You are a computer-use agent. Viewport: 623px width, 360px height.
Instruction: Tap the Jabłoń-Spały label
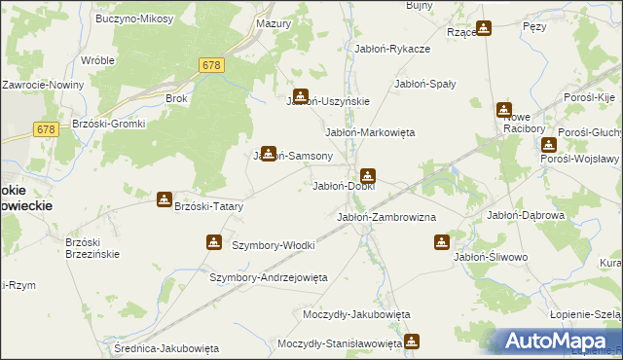(424, 84)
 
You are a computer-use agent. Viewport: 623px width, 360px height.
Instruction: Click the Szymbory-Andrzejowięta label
(269, 277)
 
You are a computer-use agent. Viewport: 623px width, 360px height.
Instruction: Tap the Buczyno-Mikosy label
(135, 18)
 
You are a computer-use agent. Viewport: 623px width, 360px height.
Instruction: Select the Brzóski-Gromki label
(108, 124)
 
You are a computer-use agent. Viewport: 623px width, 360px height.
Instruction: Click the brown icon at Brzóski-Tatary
(165, 199)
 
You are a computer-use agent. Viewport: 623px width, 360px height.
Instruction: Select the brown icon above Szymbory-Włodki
(214, 241)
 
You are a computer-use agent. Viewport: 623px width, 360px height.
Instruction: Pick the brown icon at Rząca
(484, 28)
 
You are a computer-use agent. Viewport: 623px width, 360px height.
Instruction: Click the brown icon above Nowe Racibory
(504, 110)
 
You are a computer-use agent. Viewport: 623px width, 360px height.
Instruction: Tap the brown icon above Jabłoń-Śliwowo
(442, 241)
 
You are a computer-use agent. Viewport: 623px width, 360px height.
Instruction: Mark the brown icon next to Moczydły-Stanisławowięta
(412, 342)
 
